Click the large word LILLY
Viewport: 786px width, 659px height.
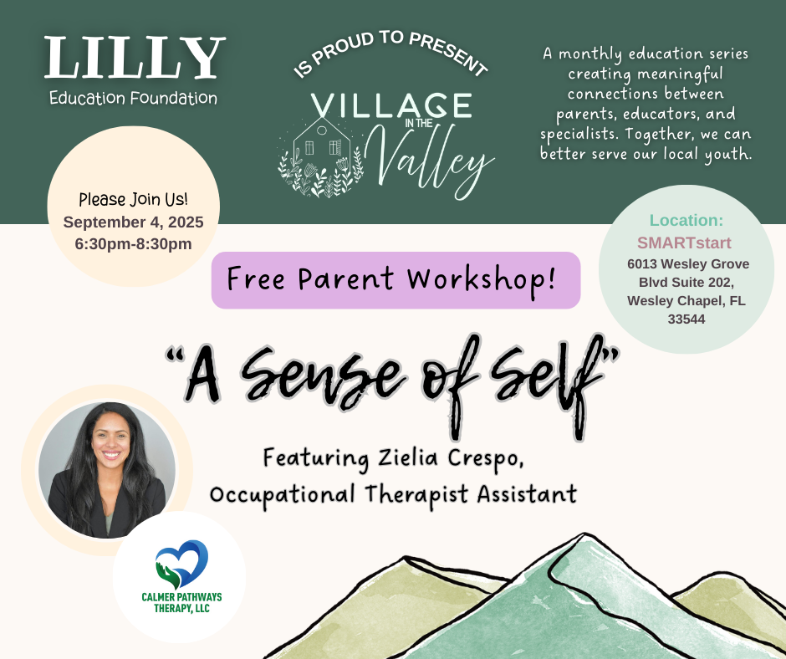click(x=135, y=59)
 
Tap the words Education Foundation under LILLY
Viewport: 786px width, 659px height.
click(x=134, y=98)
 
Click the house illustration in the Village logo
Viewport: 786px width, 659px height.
click(x=322, y=149)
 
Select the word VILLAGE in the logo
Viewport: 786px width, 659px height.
click(x=390, y=105)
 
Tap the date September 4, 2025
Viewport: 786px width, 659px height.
click(x=133, y=222)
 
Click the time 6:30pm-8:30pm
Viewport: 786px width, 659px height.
click(x=133, y=243)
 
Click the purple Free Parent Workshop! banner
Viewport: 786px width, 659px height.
click(x=396, y=279)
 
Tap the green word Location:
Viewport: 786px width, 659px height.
click(x=686, y=221)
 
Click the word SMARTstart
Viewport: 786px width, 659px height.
click(x=685, y=243)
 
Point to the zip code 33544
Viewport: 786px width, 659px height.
click(x=685, y=319)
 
